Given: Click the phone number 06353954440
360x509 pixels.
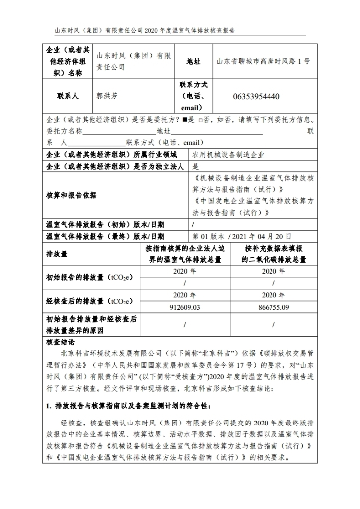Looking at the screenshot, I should click(256, 96).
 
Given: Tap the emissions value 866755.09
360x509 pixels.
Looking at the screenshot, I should click(274, 307).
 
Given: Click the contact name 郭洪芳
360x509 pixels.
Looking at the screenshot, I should click(107, 96).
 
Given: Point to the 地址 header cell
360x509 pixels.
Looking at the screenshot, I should click(193, 61).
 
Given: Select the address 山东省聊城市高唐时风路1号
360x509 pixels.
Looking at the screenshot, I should click(264, 61).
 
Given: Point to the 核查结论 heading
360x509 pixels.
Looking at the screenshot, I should click(60, 342).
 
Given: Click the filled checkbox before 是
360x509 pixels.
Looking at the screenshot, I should click(184, 120).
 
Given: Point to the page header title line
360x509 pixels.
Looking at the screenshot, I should click(144, 30).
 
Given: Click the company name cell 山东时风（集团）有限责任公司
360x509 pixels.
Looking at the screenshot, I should click(133, 61).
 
